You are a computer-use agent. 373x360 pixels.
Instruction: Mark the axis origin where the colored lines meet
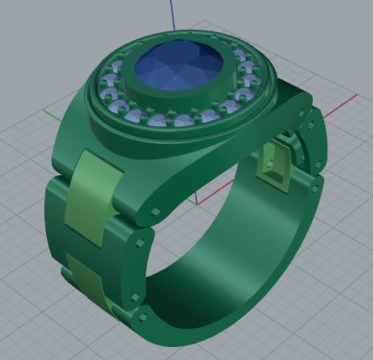196,200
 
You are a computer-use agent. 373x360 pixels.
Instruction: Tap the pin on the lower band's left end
143,319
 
